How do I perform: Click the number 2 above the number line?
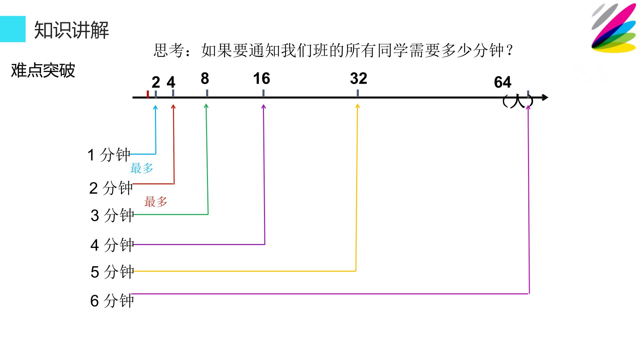pyautogui.click(x=156, y=82)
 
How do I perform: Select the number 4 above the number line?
pyautogui.click(x=171, y=82)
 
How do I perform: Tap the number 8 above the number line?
pyautogui.click(x=205, y=79)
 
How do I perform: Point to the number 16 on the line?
pyautogui.click(x=262, y=79)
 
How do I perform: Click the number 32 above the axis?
pyautogui.click(x=359, y=79)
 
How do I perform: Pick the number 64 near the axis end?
pyautogui.click(x=503, y=82)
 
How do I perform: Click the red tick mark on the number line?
pyautogui.click(x=148, y=94)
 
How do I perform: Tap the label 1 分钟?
pyautogui.click(x=109, y=155)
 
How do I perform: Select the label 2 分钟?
pyautogui.click(x=111, y=188)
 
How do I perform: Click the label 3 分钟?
pyautogui.click(x=112, y=215)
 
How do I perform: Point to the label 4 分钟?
pyautogui.click(x=112, y=245)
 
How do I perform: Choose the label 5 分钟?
pyautogui.click(x=112, y=272)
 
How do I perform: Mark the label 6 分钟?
pyautogui.click(x=112, y=301)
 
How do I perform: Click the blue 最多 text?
pyautogui.click(x=142, y=168)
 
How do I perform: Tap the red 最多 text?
pyautogui.click(x=156, y=202)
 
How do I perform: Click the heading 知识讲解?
pyautogui.click(x=72, y=30)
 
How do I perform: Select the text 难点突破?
pyautogui.click(x=43, y=70)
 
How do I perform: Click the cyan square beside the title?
pyautogui.click(x=13, y=29)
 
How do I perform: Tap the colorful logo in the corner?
pyautogui.click(x=614, y=28)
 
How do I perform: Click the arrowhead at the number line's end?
pyautogui.click(x=545, y=97)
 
